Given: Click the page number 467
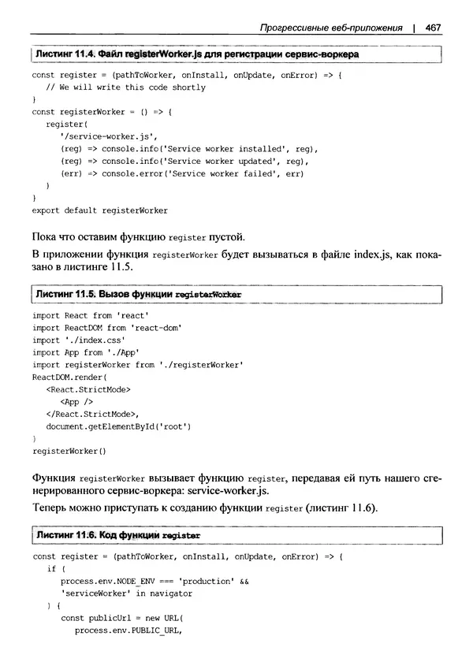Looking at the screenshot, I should click(x=431, y=29).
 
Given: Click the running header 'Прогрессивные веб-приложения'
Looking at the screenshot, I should click(x=330, y=29).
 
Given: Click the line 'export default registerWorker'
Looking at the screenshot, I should click(x=99, y=210).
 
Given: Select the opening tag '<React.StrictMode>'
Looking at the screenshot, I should click(x=89, y=389).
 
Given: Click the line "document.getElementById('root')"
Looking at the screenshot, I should click(x=118, y=426).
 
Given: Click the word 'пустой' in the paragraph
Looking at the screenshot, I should click(x=227, y=236).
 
